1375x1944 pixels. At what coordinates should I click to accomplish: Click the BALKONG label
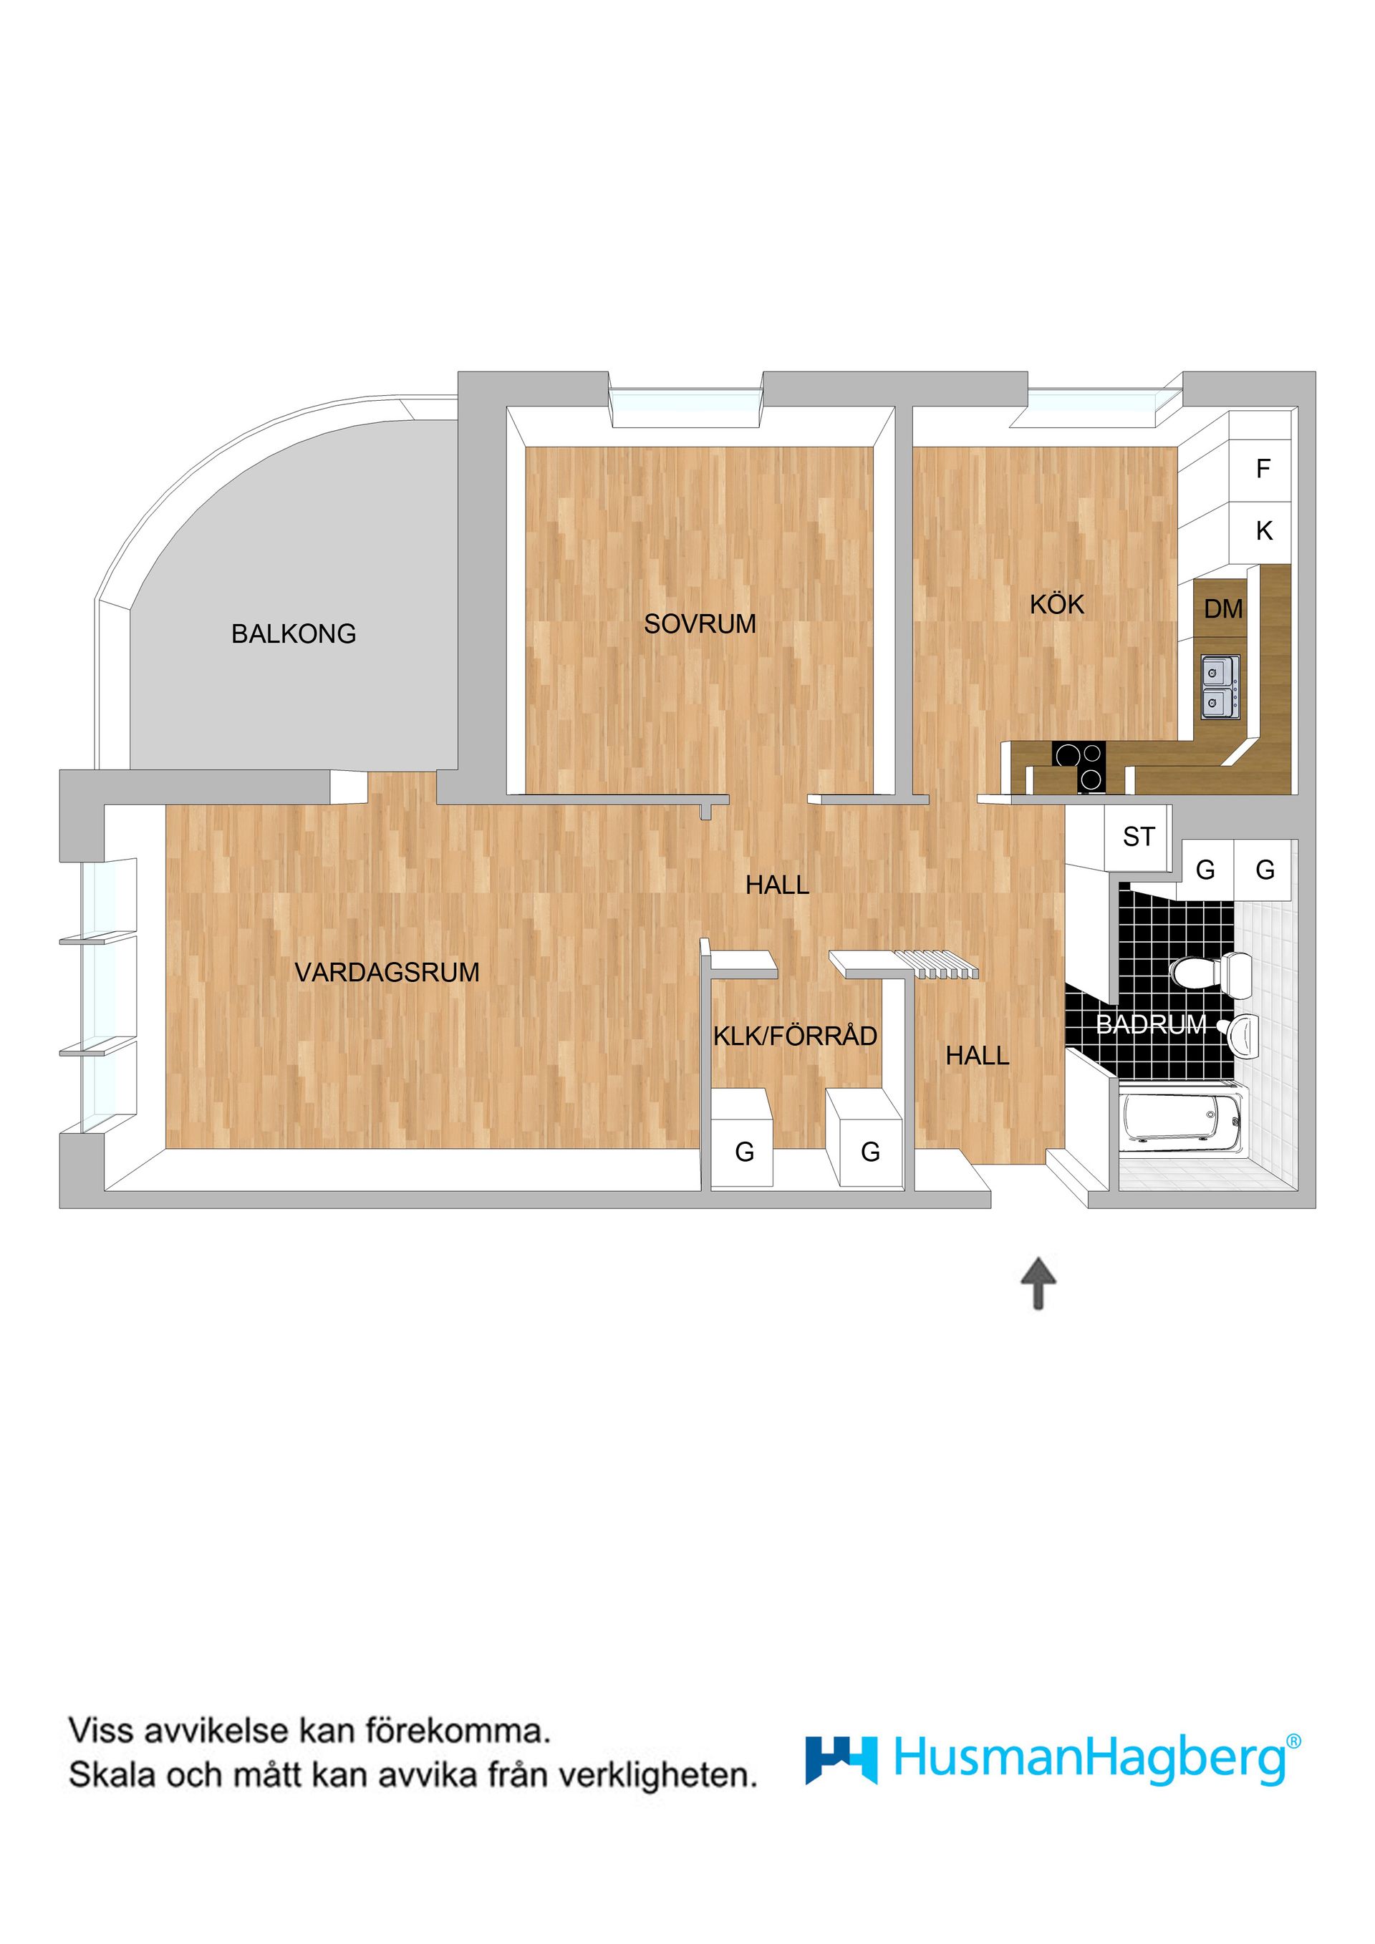coord(293,633)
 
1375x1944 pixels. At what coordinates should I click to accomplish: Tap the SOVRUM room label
coord(700,624)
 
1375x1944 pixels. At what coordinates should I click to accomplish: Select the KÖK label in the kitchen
coord(1056,605)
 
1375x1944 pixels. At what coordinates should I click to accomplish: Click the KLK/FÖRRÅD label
coord(795,1036)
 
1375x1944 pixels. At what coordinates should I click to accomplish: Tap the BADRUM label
coord(1151,1024)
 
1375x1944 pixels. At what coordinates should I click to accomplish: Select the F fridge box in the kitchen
coord(1263,468)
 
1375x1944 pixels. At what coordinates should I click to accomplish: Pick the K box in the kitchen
coord(1263,531)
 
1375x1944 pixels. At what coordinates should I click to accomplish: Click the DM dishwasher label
coord(1222,609)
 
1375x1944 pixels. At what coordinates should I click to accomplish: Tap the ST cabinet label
coord(1138,837)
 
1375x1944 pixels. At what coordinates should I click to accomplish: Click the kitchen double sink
coord(1220,686)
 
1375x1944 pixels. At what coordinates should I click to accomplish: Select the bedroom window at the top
coord(685,407)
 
